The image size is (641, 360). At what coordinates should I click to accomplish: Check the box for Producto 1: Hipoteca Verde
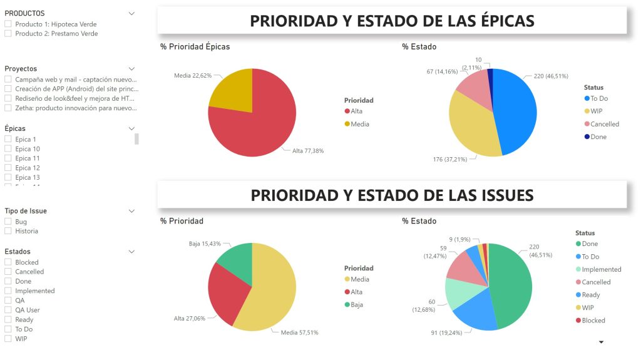click(8, 24)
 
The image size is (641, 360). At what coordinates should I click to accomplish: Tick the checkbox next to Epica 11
click(8, 158)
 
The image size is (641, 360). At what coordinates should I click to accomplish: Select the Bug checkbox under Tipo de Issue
click(8, 222)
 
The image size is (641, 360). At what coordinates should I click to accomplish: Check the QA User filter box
click(8, 310)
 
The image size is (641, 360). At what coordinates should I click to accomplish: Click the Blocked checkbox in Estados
click(8, 262)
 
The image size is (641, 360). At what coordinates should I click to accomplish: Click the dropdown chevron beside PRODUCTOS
click(131, 13)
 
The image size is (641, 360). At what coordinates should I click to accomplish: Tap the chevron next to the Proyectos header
click(131, 69)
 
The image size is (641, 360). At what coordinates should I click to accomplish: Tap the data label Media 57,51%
click(299, 332)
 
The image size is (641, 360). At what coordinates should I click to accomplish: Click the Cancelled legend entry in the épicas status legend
click(604, 124)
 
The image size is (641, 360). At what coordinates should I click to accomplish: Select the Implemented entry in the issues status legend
click(601, 269)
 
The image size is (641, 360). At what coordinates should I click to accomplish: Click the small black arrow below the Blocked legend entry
click(602, 342)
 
